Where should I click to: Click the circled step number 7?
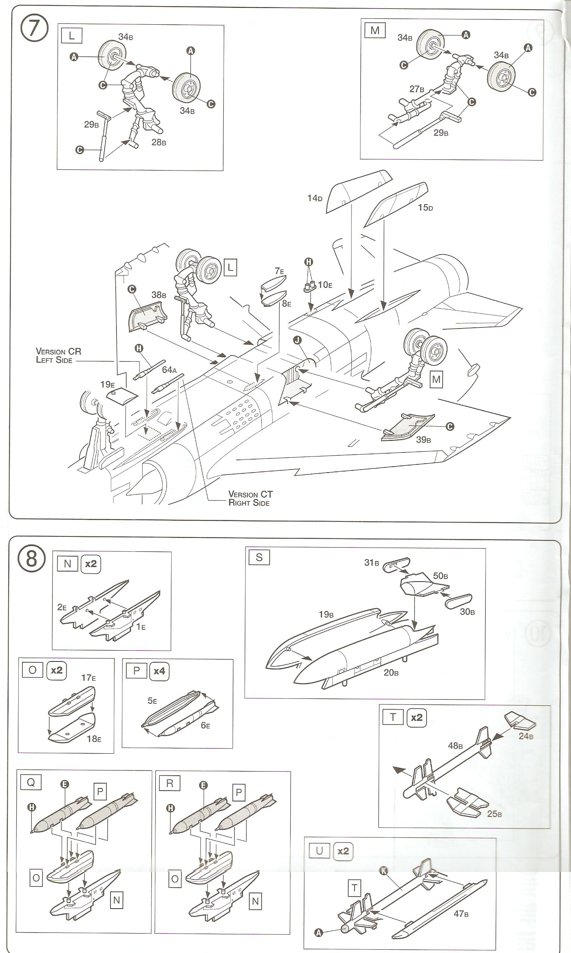click(x=34, y=29)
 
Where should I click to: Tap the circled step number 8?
click(x=32, y=559)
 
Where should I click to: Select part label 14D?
click(x=314, y=198)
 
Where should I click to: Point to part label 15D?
click(x=425, y=208)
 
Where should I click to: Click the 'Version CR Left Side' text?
click(x=58, y=355)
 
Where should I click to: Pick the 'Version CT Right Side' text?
click(x=250, y=498)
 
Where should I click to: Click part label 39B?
click(x=423, y=439)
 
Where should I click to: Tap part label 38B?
click(x=159, y=295)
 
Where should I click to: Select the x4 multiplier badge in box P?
click(x=159, y=672)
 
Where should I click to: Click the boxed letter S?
click(x=259, y=557)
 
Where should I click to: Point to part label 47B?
click(x=461, y=914)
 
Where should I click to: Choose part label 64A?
click(x=169, y=370)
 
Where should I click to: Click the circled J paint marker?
click(x=297, y=340)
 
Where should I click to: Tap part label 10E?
click(x=325, y=285)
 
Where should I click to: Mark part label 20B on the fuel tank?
click(x=390, y=672)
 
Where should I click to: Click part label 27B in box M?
click(x=416, y=89)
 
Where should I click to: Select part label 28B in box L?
click(x=159, y=142)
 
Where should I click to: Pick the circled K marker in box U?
click(x=383, y=871)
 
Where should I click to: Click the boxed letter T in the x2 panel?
click(x=393, y=717)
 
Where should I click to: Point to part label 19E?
click(x=107, y=384)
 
